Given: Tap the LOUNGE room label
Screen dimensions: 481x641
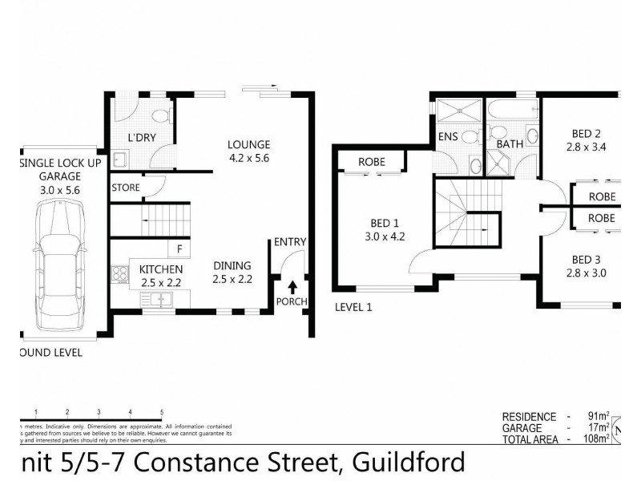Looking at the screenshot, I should pyautogui.click(x=248, y=145).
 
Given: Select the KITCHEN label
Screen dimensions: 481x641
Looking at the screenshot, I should pyautogui.click(x=161, y=269).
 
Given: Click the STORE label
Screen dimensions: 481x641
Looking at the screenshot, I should pyautogui.click(x=126, y=188).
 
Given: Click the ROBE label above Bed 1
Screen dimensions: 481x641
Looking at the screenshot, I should pyautogui.click(x=371, y=162).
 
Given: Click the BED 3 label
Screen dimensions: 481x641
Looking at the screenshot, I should pyautogui.click(x=587, y=259).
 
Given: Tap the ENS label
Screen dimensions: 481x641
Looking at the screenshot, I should pyautogui.click(x=448, y=137).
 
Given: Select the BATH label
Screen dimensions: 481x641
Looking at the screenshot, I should pyautogui.click(x=510, y=144).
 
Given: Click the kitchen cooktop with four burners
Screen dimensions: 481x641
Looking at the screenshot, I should pyautogui.click(x=121, y=274).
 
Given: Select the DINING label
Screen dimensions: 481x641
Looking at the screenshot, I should pyautogui.click(x=232, y=265).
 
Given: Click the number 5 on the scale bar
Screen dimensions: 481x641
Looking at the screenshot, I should pyautogui.click(x=162, y=410).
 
